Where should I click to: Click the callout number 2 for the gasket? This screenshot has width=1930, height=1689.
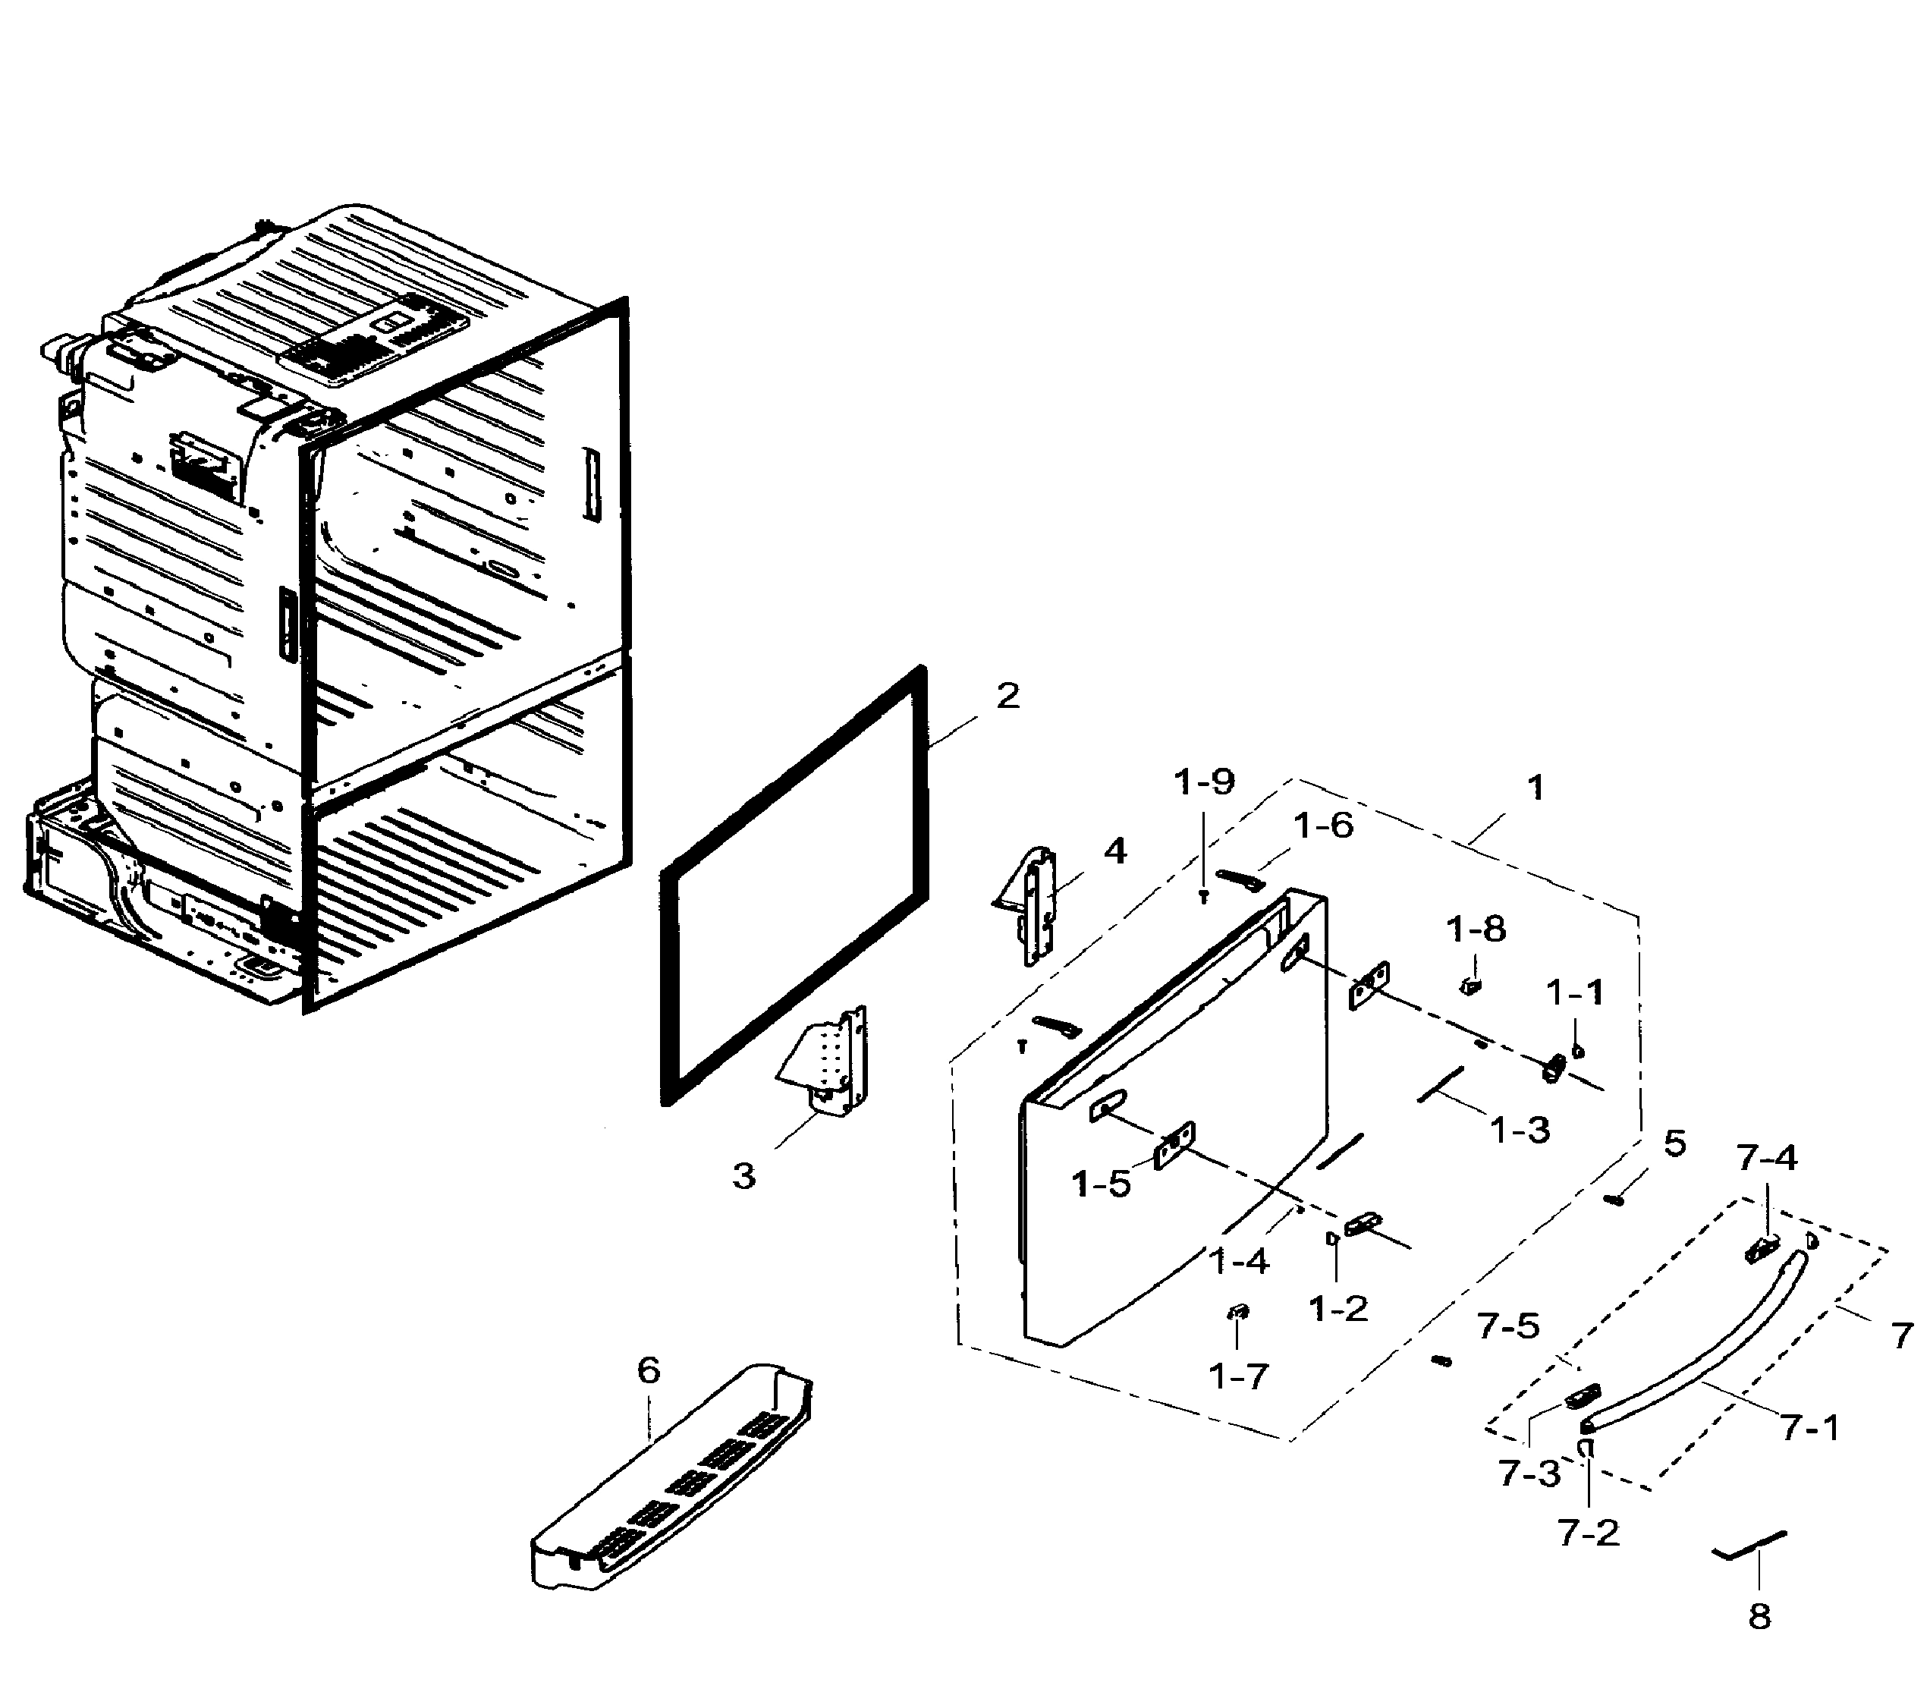coord(1007,697)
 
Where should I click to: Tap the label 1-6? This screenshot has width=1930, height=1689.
coord(1323,826)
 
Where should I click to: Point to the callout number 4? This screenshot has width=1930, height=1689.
coord(1115,851)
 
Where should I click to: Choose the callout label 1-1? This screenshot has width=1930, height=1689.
coord(1575,992)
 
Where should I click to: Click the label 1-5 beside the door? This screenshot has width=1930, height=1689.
coord(1102,1184)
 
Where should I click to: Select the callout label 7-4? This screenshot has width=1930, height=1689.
coord(1767,1159)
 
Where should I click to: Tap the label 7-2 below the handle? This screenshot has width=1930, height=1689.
coord(1589,1533)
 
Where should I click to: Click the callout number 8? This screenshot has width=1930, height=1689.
coord(1759,1616)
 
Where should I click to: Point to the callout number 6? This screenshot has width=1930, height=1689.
coord(649,1370)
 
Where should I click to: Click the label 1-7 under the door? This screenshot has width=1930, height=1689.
coord(1238,1377)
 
